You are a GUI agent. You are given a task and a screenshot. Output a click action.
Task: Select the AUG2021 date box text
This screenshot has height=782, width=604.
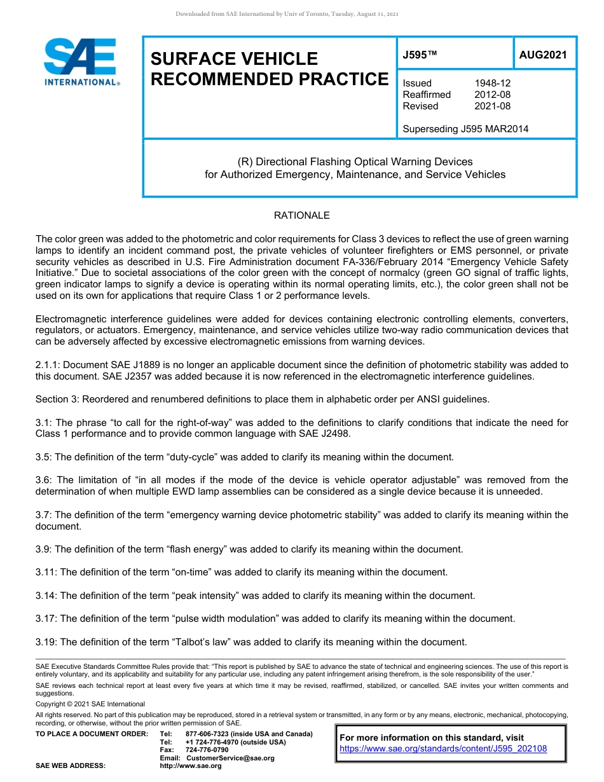coord(542,55)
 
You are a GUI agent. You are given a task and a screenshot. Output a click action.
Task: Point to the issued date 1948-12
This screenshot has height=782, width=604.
coord(493,83)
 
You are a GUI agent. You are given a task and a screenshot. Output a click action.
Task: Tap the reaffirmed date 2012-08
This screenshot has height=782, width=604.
coord(493,95)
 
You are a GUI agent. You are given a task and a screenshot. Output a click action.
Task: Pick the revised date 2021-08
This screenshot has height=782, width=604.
coord(493,106)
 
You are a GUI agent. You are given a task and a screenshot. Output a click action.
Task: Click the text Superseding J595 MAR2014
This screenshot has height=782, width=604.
coord(465,129)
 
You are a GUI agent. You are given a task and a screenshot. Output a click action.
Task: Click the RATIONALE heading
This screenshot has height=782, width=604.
coord(301,216)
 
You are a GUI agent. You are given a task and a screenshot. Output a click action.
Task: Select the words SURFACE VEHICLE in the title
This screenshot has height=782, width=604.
coord(234,59)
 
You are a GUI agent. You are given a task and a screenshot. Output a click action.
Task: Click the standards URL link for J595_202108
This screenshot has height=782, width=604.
coord(443,749)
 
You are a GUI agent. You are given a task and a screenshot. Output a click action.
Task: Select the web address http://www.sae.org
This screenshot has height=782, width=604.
coord(191,766)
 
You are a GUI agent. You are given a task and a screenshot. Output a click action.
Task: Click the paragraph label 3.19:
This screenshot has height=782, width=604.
coord(46,641)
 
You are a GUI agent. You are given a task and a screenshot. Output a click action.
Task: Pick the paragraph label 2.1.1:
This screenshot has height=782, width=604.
coord(48,365)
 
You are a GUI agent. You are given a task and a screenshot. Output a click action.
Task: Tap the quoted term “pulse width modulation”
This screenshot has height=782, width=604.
coord(226,619)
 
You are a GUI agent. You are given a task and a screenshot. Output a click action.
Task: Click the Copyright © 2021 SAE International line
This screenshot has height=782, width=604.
coord(90,704)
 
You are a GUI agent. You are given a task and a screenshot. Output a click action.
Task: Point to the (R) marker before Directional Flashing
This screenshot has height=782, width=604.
coord(244,161)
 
